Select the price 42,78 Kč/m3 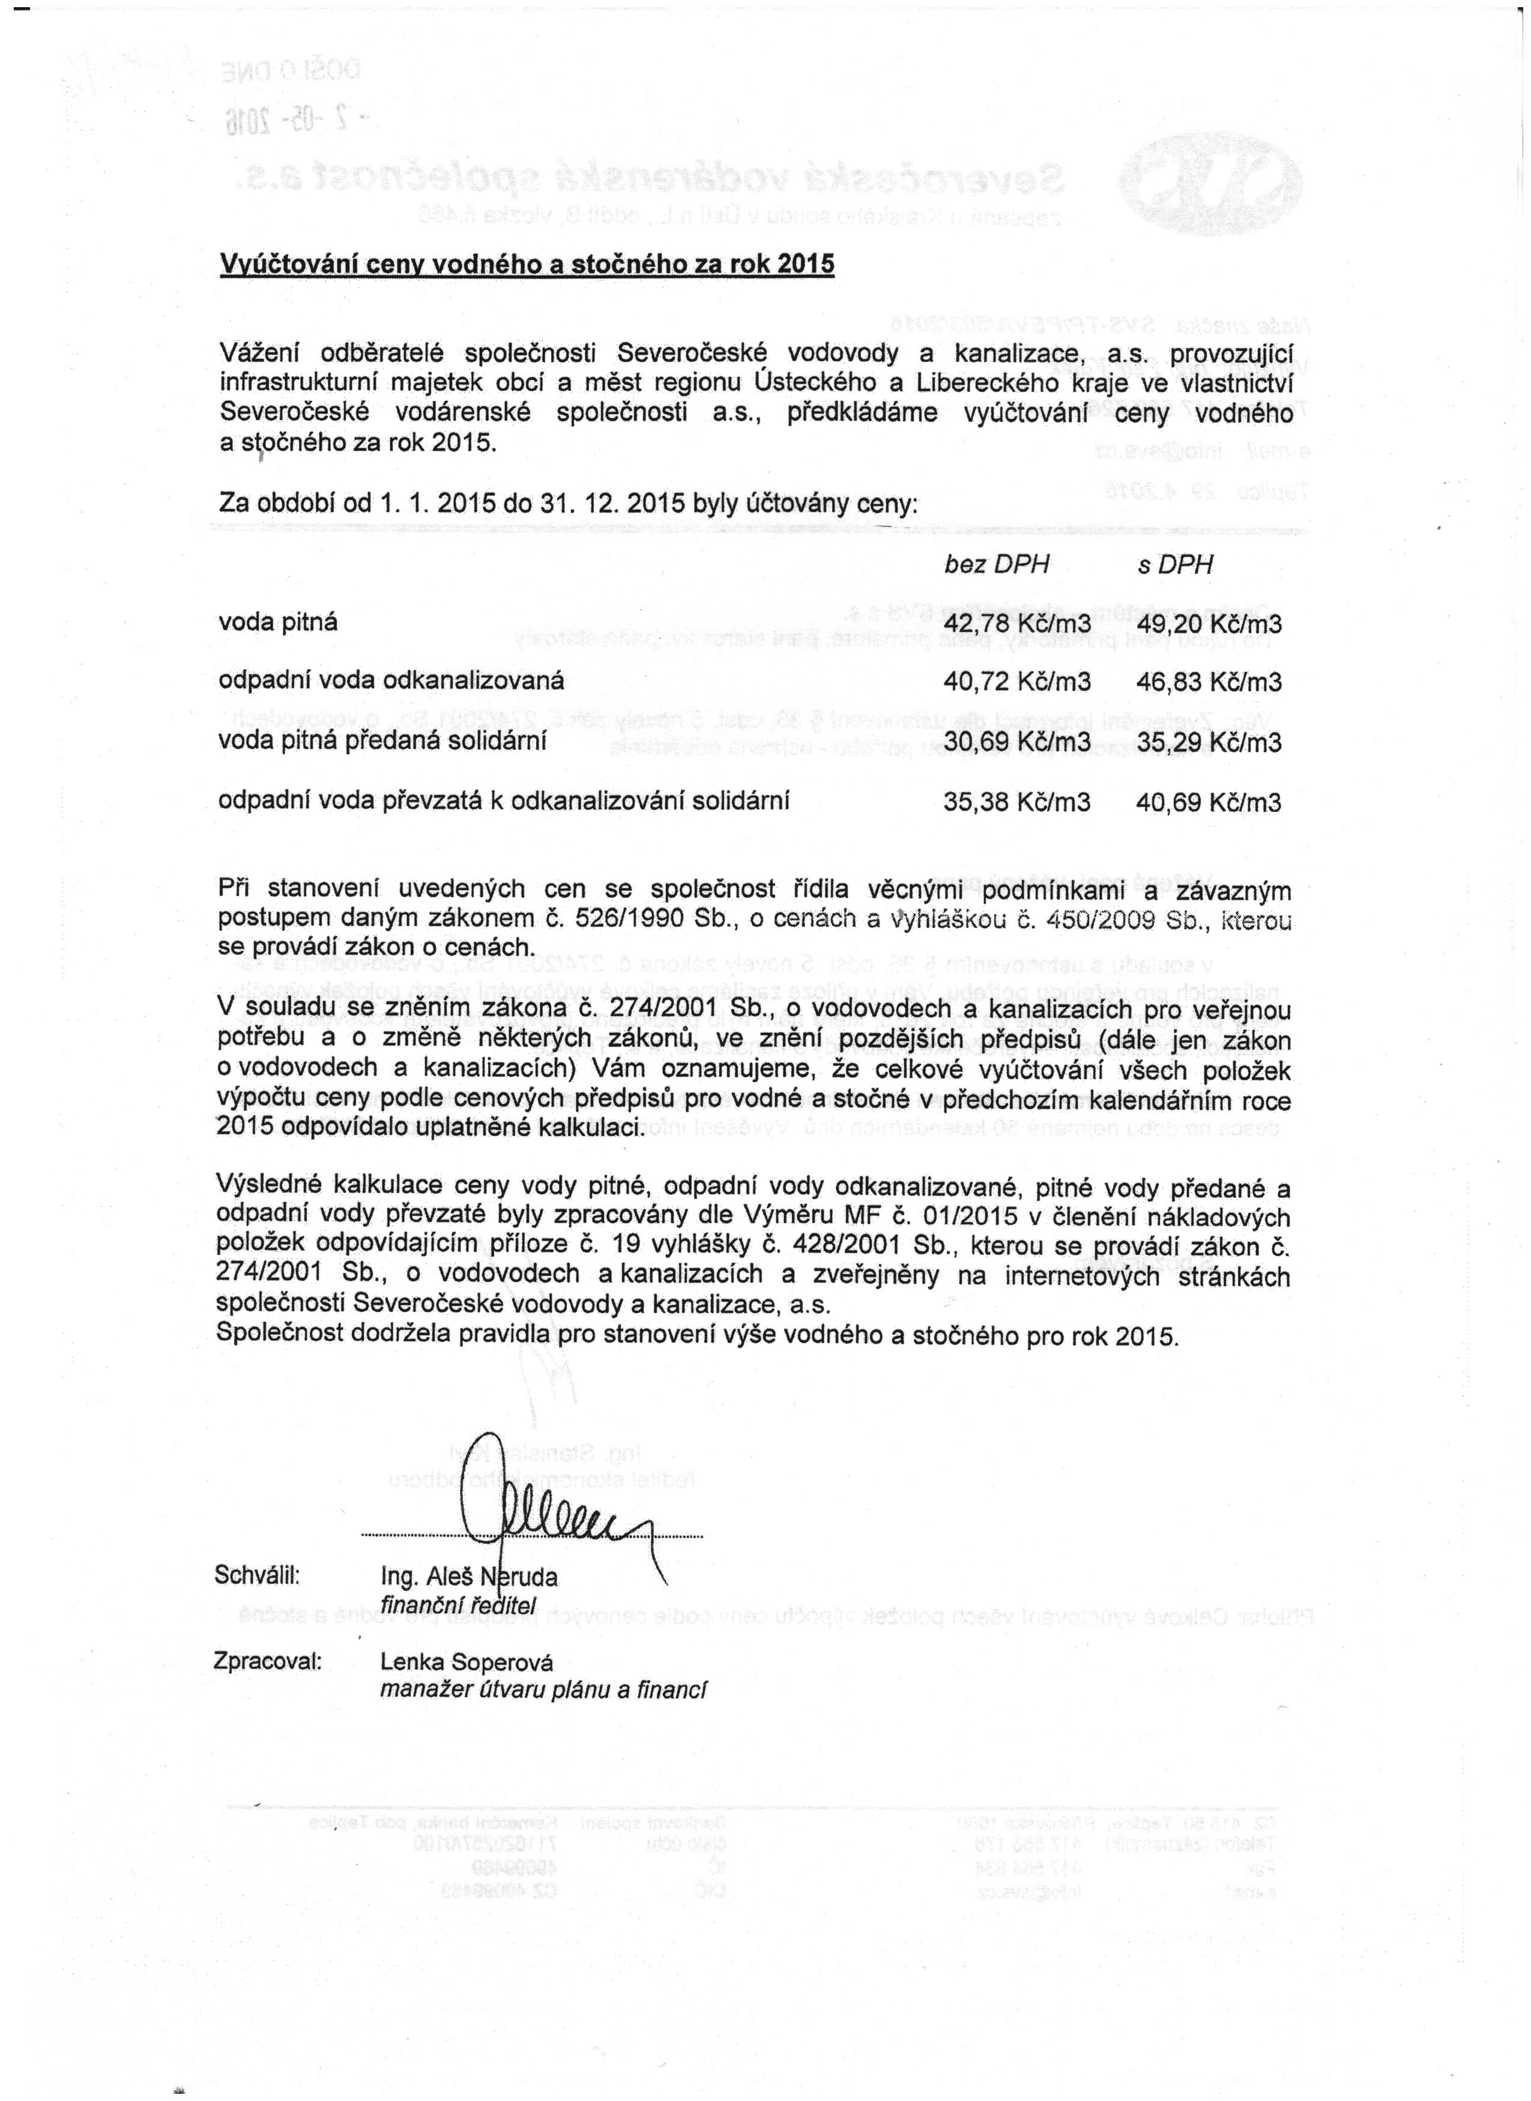pos(1016,624)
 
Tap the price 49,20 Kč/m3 pos(1209,624)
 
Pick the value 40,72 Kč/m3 pos(1016,683)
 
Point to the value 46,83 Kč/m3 pos(1209,683)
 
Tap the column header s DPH pos(1174,565)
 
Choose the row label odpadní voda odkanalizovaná pos(391,682)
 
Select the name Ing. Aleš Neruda pos(469,1577)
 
